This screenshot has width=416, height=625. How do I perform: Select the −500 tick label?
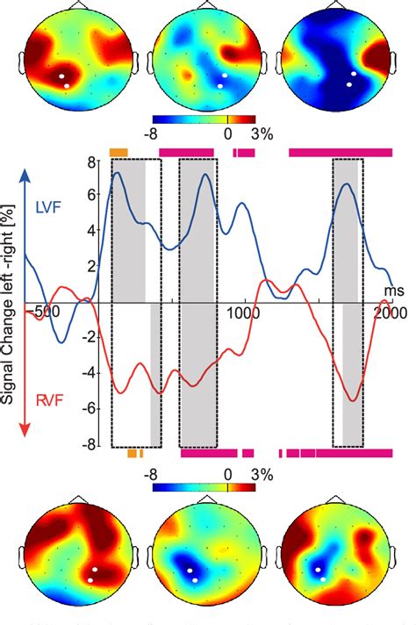(x=39, y=312)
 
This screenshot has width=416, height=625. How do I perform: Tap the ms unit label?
(x=390, y=290)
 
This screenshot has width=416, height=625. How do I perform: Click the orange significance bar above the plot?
(x=118, y=152)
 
